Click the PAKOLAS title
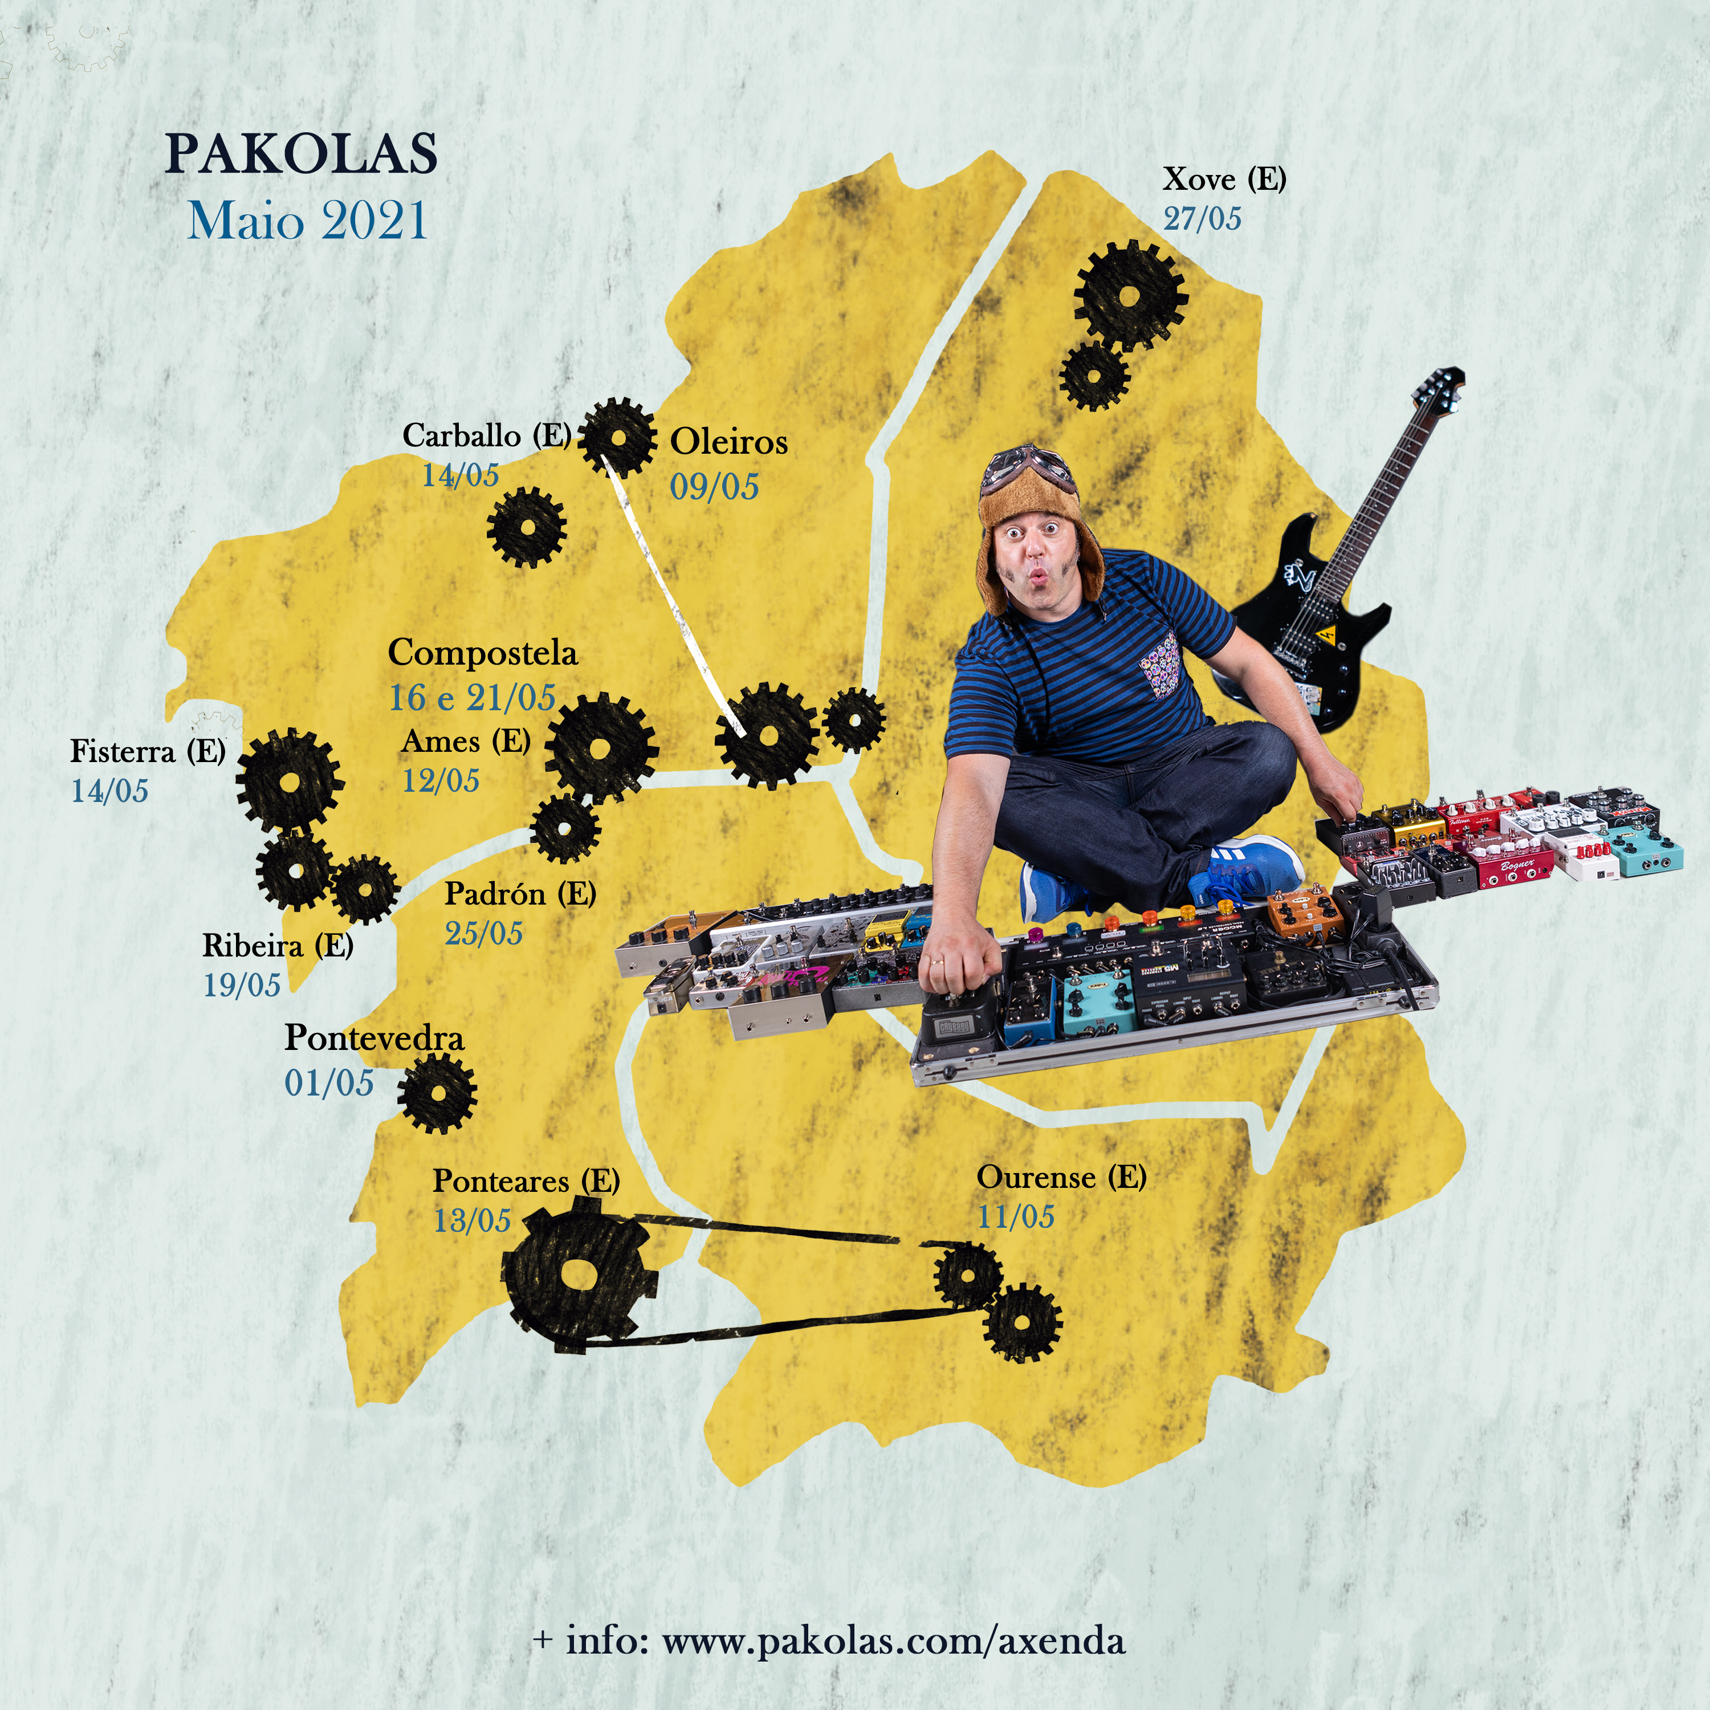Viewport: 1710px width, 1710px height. pos(301,153)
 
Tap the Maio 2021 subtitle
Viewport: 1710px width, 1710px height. pos(308,221)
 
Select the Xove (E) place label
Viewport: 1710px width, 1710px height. pos(1224,180)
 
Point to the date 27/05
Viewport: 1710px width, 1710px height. pos(1202,219)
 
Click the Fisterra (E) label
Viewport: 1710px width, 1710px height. pos(148,751)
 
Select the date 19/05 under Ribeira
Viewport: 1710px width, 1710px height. pos(242,984)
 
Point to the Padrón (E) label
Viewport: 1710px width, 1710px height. pos(519,894)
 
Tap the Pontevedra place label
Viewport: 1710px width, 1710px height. pos(373,1038)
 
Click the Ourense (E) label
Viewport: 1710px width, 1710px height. pos(1061,1177)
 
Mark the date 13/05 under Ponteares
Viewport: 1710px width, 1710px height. pos(472,1220)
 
